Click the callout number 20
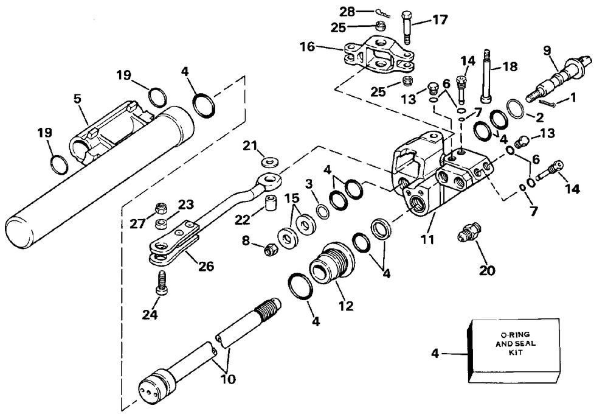pyautogui.click(x=487, y=270)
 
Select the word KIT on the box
pyautogui.click(x=516, y=352)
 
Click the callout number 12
pyautogui.click(x=346, y=306)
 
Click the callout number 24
pyautogui.click(x=150, y=314)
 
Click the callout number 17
pyautogui.click(x=440, y=19)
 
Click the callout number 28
pyautogui.click(x=347, y=12)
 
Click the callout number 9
pyautogui.click(x=547, y=51)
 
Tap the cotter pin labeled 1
pyautogui.click(x=546, y=102)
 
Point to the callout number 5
pyautogui.click(x=78, y=99)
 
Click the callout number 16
pyautogui.click(x=307, y=47)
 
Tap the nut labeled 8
pyautogui.click(x=269, y=250)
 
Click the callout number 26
pyautogui.click(x=206, y=267)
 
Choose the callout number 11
pyautogui.click(x=427, y=240)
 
